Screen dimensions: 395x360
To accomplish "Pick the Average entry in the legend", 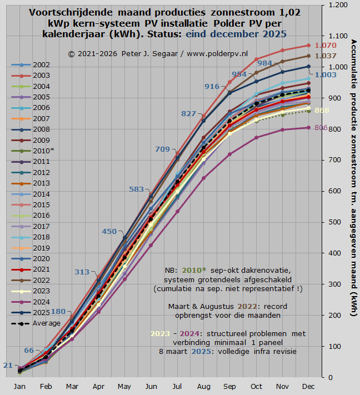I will tap(44, 323).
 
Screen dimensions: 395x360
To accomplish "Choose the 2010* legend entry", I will tap(42, 151).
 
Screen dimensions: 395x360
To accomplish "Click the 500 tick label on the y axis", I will tap(334, 222).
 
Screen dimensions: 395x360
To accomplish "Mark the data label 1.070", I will tap(325, 46).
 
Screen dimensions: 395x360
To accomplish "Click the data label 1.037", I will tap(325, 56).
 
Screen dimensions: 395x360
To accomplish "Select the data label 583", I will tap(137, 189).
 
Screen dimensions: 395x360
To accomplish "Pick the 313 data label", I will tap(82, 272).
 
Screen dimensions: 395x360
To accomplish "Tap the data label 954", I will tap(239, 74).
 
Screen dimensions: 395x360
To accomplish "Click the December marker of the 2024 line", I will tap(308, 128).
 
